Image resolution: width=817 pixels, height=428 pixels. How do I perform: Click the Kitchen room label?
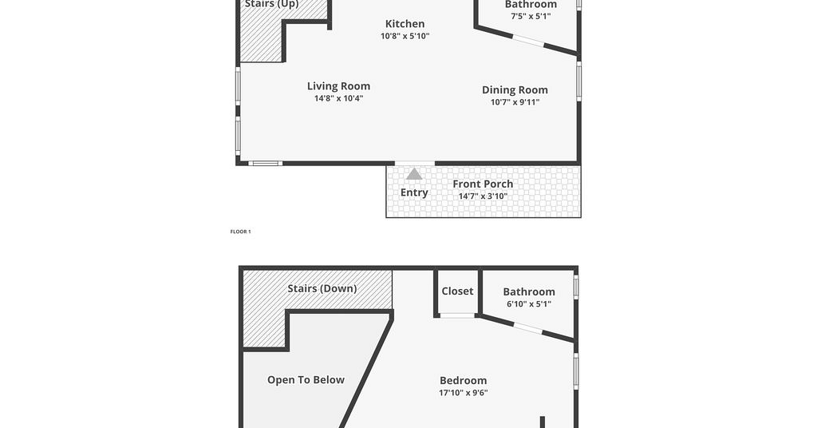click(405, 23)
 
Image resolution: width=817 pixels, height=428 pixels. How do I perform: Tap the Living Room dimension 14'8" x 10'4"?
click(338, 98)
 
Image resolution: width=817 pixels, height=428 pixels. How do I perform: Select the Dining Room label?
click(515, 90)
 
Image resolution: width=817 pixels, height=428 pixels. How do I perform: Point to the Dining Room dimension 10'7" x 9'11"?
click(515, 102)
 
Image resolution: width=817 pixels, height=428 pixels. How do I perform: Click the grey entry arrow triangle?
click(414, 174)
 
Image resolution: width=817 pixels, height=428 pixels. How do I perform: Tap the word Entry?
click(414, 192)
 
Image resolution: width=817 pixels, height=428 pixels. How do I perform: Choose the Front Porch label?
click(483, 184)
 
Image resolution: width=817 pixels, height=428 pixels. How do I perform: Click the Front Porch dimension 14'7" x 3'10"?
click(483, 196)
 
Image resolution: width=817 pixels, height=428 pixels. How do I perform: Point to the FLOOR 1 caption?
click(241, 232)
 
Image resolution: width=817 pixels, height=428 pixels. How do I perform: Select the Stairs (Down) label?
click(322, 288)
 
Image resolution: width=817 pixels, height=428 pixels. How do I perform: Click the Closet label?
click(457, 291)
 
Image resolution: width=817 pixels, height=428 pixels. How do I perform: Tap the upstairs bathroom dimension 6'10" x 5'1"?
click(529, 304)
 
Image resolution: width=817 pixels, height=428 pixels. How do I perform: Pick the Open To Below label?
click(306, 380)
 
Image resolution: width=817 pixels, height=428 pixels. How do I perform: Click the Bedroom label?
click(464, 381)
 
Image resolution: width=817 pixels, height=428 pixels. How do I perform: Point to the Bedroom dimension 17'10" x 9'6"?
click(464, 393)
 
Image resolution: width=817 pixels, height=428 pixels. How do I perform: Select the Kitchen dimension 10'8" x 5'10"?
click(405, 36)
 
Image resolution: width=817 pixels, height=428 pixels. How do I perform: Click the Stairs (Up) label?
click(271, 4)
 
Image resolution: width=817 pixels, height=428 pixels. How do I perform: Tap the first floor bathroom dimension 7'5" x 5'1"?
click(531, 16)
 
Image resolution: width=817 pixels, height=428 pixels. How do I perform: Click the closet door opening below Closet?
click(457, 315)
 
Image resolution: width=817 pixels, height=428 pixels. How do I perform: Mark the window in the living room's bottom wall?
click(265, 163)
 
